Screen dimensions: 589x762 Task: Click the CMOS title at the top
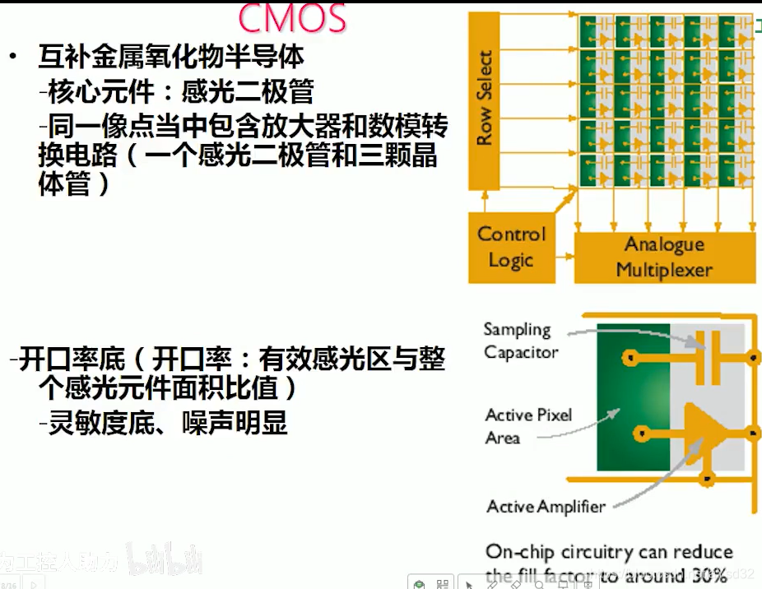tap(292, 17)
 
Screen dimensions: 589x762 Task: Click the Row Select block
tap(486, 99)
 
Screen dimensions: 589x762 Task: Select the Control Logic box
tap(511, 247)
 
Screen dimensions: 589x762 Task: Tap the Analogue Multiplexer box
tap(663, 256)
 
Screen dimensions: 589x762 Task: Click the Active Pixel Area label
tap(528, 426)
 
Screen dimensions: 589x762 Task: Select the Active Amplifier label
tap(546, 507)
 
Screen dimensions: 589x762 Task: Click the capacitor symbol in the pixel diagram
tap(707, 357)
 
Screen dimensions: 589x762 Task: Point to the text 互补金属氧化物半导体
tap(171, 57)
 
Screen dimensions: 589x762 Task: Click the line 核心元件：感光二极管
tap(180, 91)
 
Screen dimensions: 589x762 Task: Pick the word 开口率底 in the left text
tap(72, 359)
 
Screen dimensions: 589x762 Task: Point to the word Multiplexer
tap(663, 269)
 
